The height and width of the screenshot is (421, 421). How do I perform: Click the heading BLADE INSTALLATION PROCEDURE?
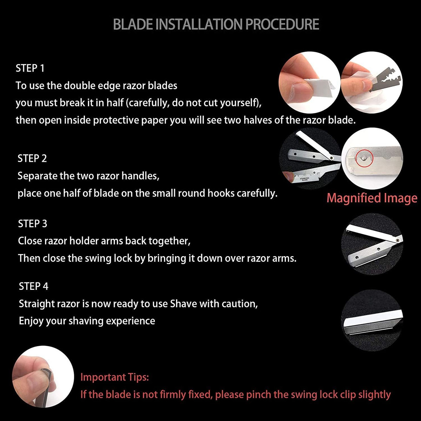tap(216, 24)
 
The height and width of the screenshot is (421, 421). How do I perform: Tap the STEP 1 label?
tap(30, 68)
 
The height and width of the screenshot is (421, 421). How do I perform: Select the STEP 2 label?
tap(32, 158)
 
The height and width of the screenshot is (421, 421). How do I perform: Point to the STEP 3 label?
tap(33, 223)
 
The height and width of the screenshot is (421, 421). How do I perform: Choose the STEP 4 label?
tap(33, 286)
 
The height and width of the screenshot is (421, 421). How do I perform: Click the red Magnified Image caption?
tap(372, 198)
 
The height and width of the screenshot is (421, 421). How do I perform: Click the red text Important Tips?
tap(115, 377)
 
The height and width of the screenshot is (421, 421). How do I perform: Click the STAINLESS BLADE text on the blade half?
tap(305, 179)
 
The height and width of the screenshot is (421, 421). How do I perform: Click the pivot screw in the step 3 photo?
tap(397, 240)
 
